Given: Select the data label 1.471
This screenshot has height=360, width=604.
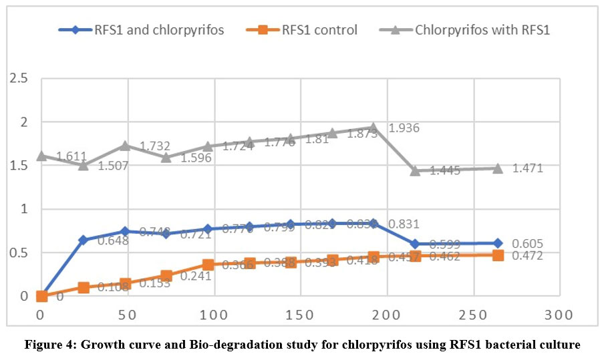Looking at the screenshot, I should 527,168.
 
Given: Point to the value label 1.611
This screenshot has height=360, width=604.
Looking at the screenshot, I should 71,157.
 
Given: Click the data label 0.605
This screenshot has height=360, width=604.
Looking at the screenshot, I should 528,244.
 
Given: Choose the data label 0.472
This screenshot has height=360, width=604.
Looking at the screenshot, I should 528,256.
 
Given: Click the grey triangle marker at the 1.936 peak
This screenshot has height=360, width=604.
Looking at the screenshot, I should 373,127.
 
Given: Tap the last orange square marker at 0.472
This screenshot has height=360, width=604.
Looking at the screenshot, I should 498,255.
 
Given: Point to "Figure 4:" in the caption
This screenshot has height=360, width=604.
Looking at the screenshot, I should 48,346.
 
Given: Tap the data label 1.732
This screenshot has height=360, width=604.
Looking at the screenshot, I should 158,146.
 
